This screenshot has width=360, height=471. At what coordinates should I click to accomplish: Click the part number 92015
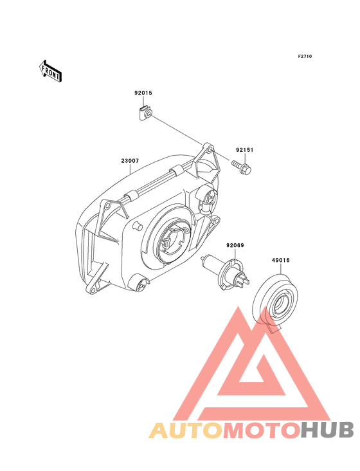pos(143,93)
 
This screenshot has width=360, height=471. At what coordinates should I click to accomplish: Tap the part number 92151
pos(244,149)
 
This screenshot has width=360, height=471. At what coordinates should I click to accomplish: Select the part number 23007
pos(130,161)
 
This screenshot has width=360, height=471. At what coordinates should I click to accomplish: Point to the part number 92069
pos(235,245)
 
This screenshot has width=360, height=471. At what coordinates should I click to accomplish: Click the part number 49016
pos(280,260)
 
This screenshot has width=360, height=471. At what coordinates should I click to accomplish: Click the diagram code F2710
pos(305,56)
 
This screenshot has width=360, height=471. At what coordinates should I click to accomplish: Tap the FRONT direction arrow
pos(50,71)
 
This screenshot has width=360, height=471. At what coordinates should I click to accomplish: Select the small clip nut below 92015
pos(146,113)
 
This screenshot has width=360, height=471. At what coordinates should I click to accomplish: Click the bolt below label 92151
pos(241,167)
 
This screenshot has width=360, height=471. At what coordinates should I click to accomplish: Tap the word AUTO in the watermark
pos(186,430)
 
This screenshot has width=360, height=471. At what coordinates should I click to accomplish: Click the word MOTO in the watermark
pos(262,430)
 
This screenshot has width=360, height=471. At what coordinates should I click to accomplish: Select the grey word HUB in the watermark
pos(327,430)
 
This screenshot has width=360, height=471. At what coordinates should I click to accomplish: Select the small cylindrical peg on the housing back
pos(138,226)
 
